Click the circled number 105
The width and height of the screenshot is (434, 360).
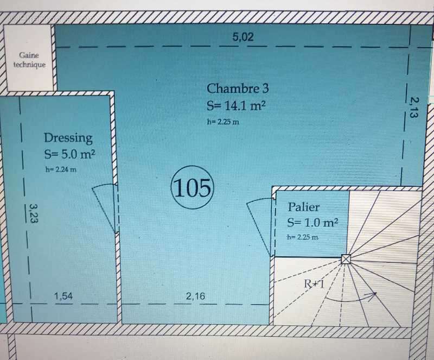(193, 187)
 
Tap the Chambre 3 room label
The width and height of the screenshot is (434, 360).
(238, 89)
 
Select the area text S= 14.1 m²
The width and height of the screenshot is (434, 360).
(237, 105)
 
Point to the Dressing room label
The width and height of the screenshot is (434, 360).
(68, 138)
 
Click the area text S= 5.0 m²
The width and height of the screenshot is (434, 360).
(70, 154)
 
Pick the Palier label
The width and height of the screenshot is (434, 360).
(303, 207)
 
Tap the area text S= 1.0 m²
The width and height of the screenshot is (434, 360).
(312, 222)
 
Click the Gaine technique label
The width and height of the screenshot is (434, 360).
(29, 60)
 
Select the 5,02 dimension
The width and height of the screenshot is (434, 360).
(242, 37)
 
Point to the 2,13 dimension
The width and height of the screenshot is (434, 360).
(413, 108)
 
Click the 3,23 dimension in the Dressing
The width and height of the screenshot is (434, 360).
(34, 213)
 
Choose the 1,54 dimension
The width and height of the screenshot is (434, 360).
(63, 296)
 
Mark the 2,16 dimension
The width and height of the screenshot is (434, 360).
(195, 296)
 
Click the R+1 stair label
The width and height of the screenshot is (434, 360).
(314, 283)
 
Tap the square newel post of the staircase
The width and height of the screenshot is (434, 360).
(346, 259)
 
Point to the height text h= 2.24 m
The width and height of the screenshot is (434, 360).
(61, 169)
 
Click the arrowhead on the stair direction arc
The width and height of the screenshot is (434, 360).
(374, 294)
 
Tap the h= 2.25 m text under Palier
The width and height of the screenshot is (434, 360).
(302, 237)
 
